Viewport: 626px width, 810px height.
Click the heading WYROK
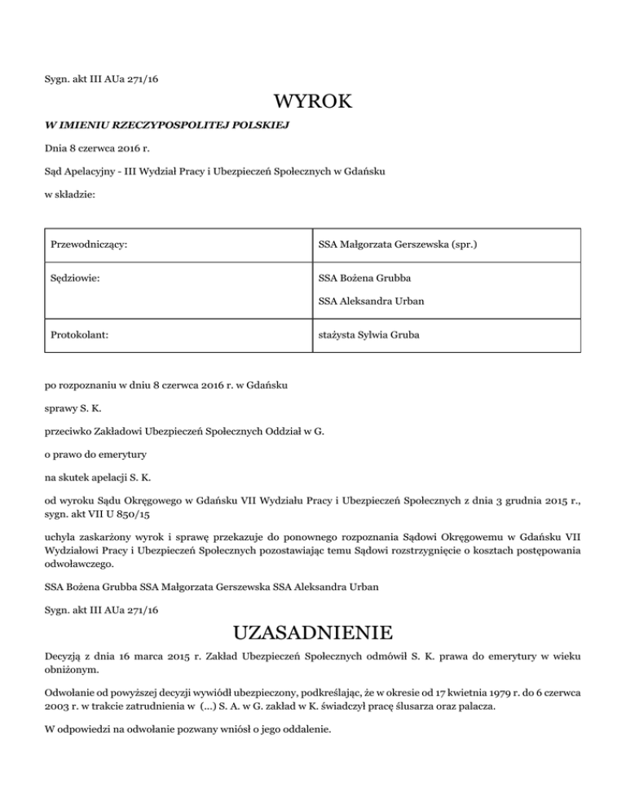(x=313, y=103)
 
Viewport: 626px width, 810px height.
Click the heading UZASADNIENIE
(x=313, y=633)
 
